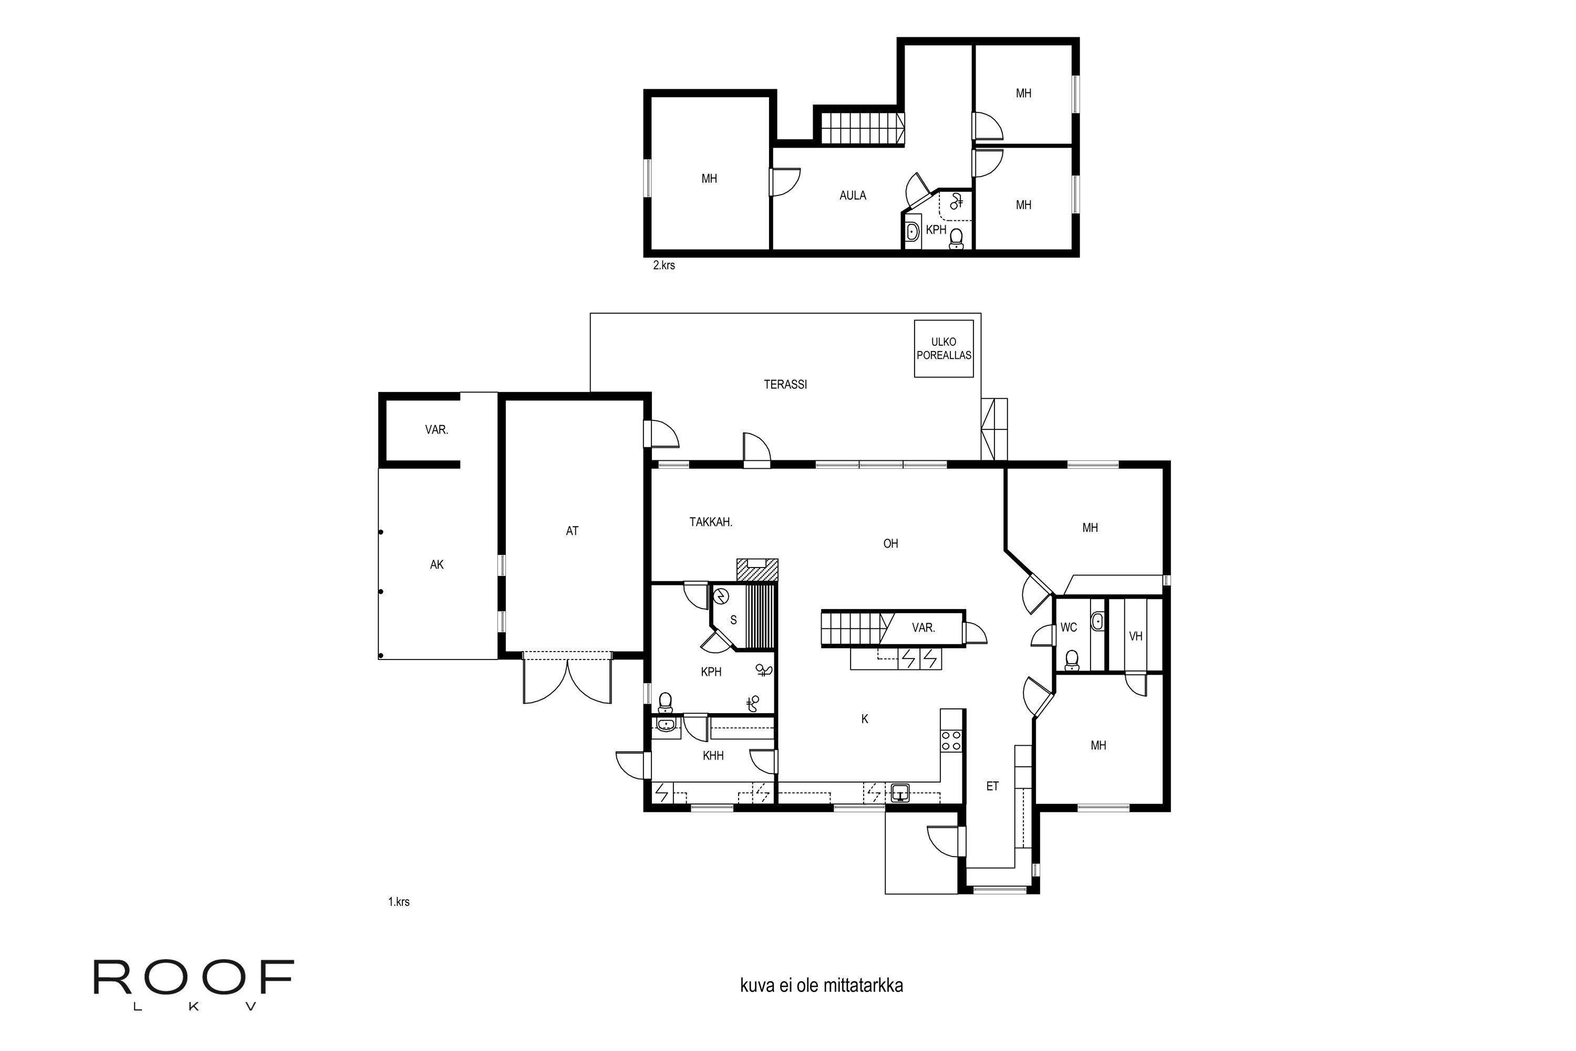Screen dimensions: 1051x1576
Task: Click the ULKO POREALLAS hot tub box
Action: pyautogui.click(x=943, y=348)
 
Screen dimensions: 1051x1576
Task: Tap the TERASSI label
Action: pyautogui.click(x=785, y=385)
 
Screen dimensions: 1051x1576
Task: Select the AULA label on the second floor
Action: pyautogui.click(x=852, y=195)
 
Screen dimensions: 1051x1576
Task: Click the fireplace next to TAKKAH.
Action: pyautogui.click(x=757, y=570)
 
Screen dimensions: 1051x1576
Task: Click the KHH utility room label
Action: pyautogui.click(x=713, y=756)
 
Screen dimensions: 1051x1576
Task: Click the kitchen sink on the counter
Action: pyautogui.click(x=900, y=794)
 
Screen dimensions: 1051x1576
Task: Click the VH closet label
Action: pyautogui.click(x=1135, y=636)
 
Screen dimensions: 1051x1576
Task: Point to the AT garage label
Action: pyautogui.click(x=572, y=531)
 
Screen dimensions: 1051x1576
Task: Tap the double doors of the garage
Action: pyautogui.click(x=567, y=681)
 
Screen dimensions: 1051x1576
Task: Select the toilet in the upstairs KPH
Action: pyautogui.click(x=956, y=238)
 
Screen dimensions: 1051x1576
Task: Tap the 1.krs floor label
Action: pyautogui.click(x=399, y=902)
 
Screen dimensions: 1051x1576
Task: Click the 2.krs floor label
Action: pyautogui.click(x=663, y=265)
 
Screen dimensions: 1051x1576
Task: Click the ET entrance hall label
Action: pyautogui.click(x=992, y=786)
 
